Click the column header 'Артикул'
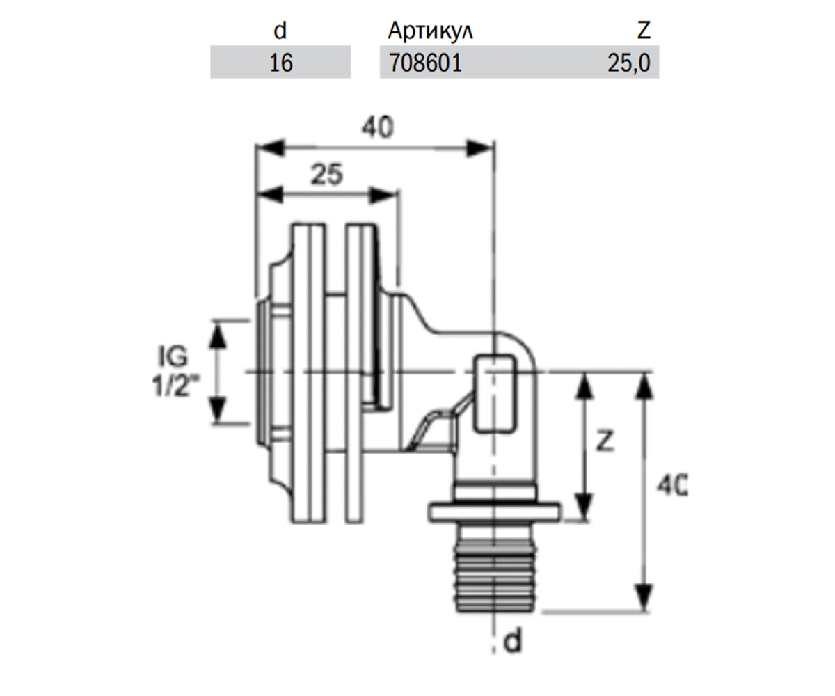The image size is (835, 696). tap(430, 31)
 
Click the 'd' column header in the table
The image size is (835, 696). tap(280, 31)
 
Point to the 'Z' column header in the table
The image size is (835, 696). tap(644, 31)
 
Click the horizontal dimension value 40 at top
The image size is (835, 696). tap(378, 127)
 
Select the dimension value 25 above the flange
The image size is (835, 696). tap(327, 174)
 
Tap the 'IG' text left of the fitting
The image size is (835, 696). tap(173, 356)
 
